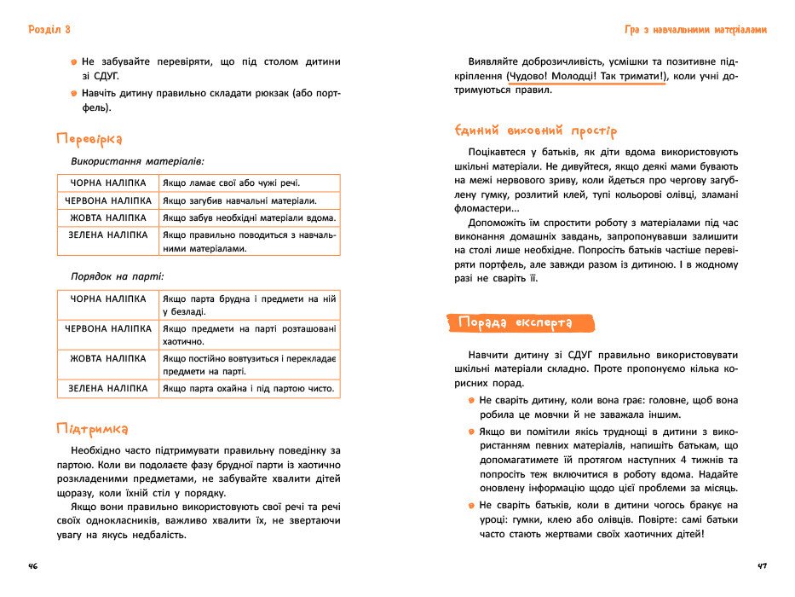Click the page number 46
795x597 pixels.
33,567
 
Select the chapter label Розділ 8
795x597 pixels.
49,30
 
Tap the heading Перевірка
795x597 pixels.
89,138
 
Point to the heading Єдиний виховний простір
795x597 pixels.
536,130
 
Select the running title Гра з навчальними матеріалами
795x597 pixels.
695,30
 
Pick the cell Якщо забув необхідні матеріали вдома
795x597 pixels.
248,217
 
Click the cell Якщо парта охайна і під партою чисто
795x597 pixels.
247,389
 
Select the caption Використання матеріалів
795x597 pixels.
137,159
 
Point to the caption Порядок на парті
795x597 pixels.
118,276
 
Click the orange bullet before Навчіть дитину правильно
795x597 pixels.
74,91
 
